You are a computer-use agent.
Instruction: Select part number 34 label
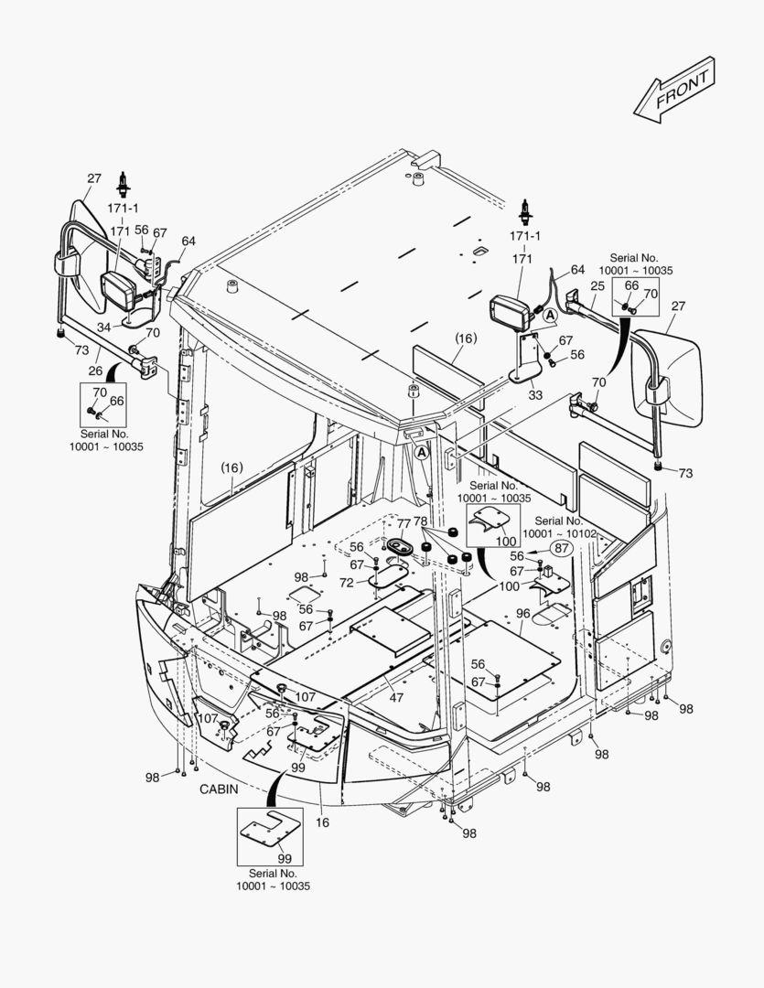(104, 328)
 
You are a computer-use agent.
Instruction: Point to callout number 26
(94, 370)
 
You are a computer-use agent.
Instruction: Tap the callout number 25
(597, 286)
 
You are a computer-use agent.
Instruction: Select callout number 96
(522, 614)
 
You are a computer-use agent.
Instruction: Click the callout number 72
(347, 582)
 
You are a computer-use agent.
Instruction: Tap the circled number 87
(561, 549)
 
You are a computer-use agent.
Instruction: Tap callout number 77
(404, 522)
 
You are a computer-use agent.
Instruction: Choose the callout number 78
(420, 521)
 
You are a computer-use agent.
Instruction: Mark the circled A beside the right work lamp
(551, 316)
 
